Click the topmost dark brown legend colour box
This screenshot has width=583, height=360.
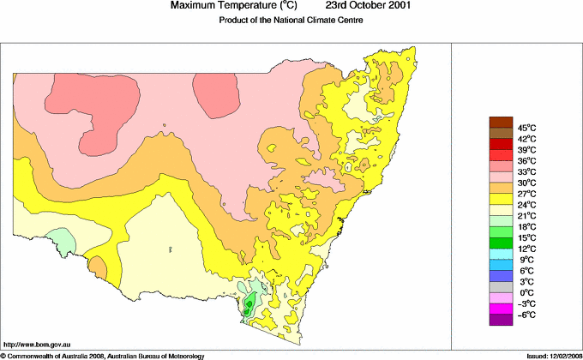click(x=500, y=122)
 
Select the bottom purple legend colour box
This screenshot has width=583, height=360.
click(x=500, y=320)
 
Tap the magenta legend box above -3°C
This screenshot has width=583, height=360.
click(x=500, y=309)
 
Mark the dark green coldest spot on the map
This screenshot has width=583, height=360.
click(x=249, y=303)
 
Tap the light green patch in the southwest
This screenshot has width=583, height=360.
click(x=61, y=240)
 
